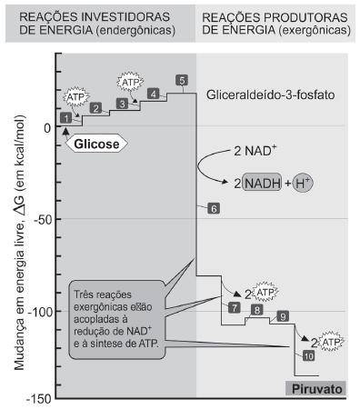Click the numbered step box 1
tap(66, 118)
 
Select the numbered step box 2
tap(95, 107)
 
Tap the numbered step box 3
tap(123, 105)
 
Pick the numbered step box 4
tap(154, 94)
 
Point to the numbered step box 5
tap(183, 81)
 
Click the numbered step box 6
tap(213, 208)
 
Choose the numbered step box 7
tap(234, 308)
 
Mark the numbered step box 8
tap(258, 310)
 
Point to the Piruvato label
tap(316, 388)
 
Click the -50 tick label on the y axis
tap(40, 219)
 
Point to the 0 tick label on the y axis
tap(47, 127)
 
